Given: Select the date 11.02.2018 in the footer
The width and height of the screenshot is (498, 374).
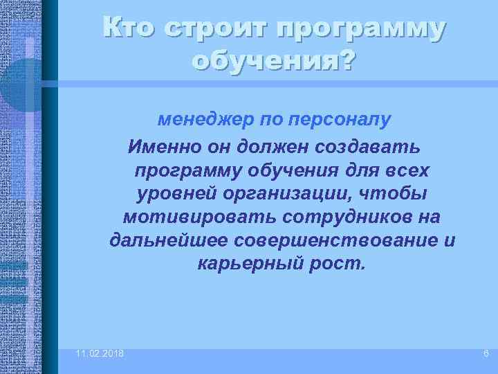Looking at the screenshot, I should coord(101,354).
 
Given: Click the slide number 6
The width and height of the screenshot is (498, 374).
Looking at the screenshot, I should coord(486,354).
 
